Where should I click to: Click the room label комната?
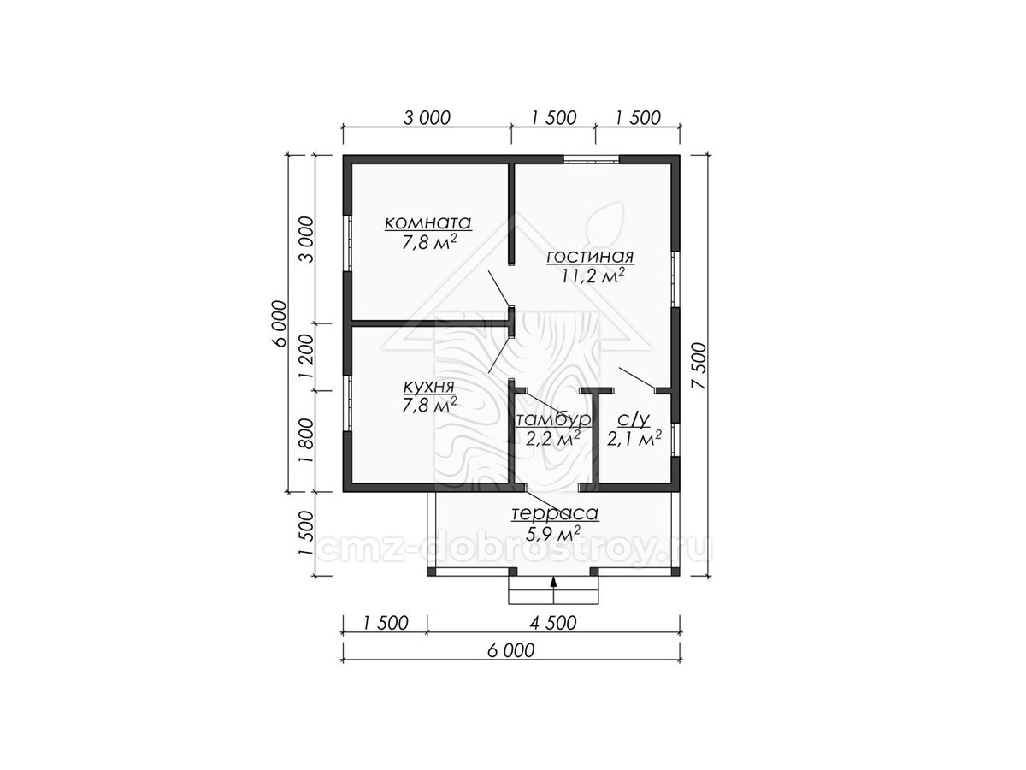428,223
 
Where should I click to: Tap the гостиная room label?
590,257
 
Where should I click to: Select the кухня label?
428,387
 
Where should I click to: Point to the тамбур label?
553,419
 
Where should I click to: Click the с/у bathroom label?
634,420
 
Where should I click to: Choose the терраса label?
554,513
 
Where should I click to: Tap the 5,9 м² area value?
553,532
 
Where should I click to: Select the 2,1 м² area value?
634,438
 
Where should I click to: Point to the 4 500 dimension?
553,623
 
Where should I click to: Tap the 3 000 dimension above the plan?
427,118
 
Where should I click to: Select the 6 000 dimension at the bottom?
511,650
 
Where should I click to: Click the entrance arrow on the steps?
554,590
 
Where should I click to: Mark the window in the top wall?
592,159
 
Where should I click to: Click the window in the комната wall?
347,243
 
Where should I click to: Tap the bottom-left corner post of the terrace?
432,571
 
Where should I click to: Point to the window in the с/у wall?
675,440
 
